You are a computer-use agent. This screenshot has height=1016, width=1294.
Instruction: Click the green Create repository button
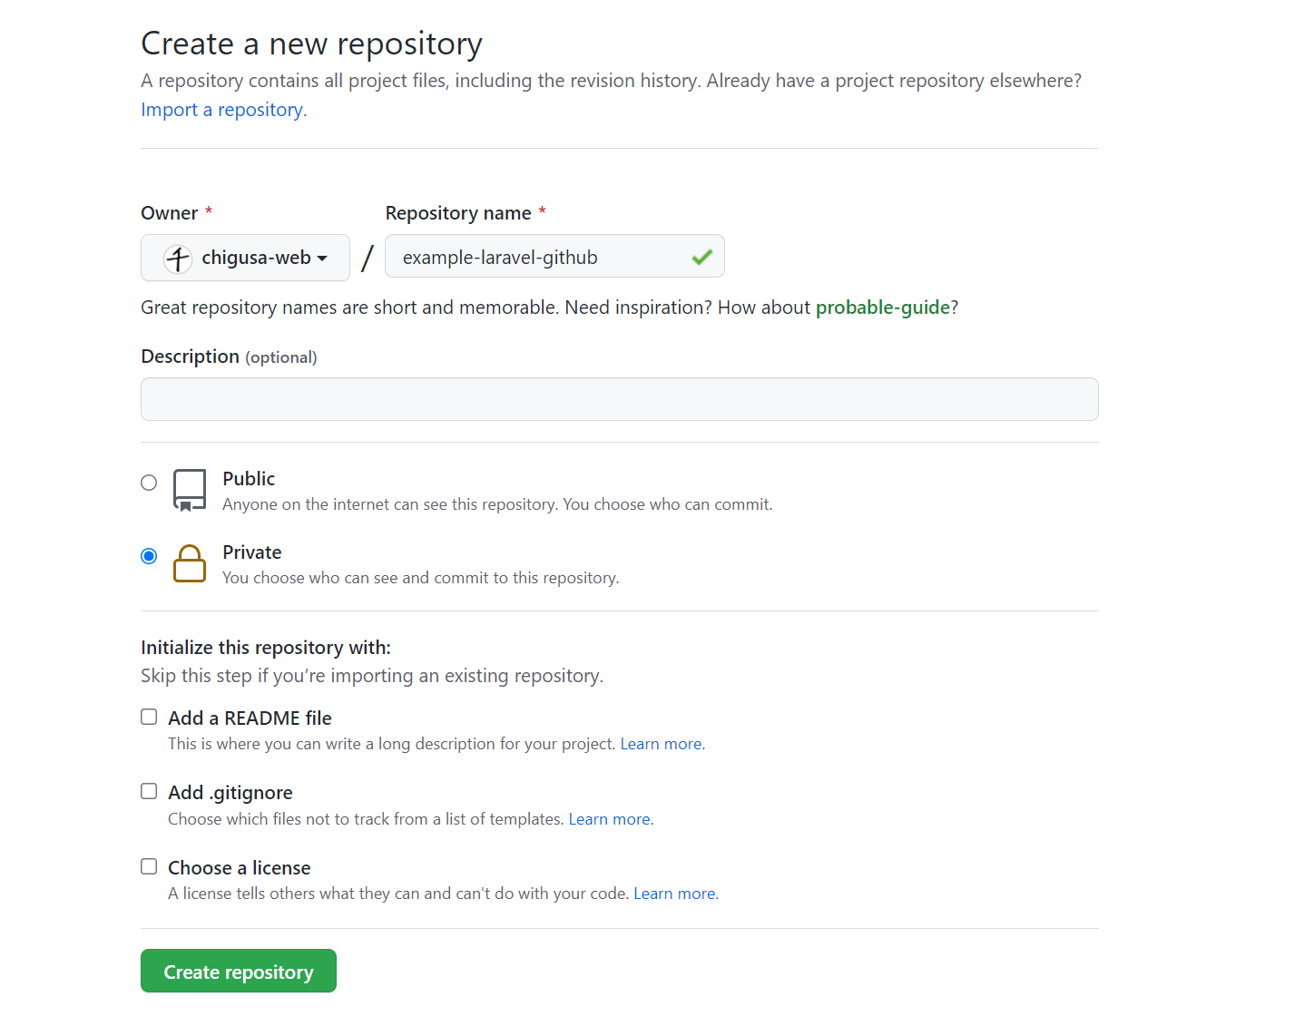click(x=238, y=971)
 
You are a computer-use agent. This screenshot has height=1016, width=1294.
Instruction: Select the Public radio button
click(x=149, y=482)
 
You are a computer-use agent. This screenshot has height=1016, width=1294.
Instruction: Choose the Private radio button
click(x=149, y=556)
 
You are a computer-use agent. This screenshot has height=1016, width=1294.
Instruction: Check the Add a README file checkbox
click(x=149, y=717)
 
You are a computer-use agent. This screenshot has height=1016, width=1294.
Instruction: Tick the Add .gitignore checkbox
click(x=149, y=791)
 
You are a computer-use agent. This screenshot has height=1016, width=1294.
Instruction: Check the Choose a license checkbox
click(x=149, y=866)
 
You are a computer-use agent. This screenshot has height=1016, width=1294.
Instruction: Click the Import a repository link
click(x=224, y=110)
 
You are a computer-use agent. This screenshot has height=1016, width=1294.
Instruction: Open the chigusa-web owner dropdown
click(x=245, y=257)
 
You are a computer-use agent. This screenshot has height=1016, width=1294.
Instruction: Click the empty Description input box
click(x=619, y=399)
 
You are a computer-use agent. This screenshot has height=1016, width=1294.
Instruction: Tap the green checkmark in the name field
click(x=702, y=257)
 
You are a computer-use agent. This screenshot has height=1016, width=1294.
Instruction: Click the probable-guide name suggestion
click(x=883, y=308)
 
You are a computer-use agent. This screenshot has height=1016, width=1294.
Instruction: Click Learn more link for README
click(x=662, y=744)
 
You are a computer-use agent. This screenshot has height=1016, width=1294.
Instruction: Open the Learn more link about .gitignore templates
click(x=611, y=819)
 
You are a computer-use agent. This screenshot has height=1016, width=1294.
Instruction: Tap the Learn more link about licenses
click(x=676, y=894)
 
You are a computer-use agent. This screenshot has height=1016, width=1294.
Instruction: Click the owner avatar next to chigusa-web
click(x=178, y=259)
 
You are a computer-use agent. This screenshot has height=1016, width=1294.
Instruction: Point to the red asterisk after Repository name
click(x=542, y=210)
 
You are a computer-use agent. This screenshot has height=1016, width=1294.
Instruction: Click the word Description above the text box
click(x=190, y=356)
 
